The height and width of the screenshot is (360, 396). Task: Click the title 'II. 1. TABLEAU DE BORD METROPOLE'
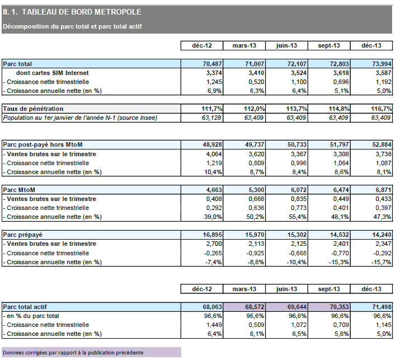pyautogui.click(x=73, y=11)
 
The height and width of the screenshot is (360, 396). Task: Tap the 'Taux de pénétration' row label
pyautogui.click(x=34, y=108)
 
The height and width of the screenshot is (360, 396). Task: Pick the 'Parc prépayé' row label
pyautogui.click(x=23, y=235)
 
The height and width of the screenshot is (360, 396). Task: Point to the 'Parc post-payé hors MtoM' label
pyautogui.click(x=43, y=145)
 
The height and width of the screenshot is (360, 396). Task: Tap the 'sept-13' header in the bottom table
pyautogui.click(x=329, y=288)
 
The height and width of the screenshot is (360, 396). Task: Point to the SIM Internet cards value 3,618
pyautogui.click(x=331, y=73)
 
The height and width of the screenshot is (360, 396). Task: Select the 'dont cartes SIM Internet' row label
pyautogui.click(x=53, y=73)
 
